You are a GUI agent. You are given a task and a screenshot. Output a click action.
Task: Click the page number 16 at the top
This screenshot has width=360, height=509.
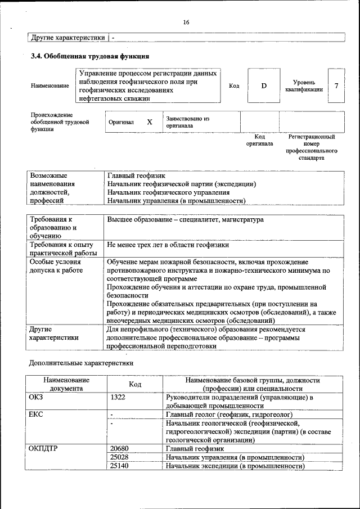tap(186, 22)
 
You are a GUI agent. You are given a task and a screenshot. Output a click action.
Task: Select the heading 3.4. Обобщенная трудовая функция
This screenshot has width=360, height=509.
tap(89, 56)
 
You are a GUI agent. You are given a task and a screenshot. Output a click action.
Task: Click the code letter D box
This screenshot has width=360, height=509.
tap(263, 85)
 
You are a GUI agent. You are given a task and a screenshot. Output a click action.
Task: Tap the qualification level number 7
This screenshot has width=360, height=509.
tap(336, 85)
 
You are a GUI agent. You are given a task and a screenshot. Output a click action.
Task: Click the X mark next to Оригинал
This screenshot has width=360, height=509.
tap(150, 122)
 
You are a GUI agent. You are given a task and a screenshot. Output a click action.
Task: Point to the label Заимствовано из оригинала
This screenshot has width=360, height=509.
tap(187, 122)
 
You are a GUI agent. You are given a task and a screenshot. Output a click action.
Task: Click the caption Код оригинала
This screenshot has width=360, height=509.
tap(259, 140)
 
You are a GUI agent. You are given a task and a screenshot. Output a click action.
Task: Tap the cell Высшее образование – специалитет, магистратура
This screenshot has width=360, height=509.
tap(185, 220)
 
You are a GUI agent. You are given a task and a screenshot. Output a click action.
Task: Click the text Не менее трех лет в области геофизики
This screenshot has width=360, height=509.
tap(168, 245)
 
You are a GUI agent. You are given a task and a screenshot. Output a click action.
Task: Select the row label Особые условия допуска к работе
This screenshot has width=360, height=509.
tap(56, 266)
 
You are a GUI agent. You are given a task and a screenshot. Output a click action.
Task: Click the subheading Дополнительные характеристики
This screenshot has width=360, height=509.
tap(81, 363)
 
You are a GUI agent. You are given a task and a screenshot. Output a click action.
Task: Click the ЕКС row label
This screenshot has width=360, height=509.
tap(36, 415)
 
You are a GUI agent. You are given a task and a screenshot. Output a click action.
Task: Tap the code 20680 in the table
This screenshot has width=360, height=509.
tap(120, 449)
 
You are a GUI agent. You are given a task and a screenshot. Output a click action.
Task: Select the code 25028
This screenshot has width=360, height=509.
tap(120, 457)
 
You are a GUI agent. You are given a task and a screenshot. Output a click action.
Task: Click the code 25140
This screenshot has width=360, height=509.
tap(120, 466)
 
